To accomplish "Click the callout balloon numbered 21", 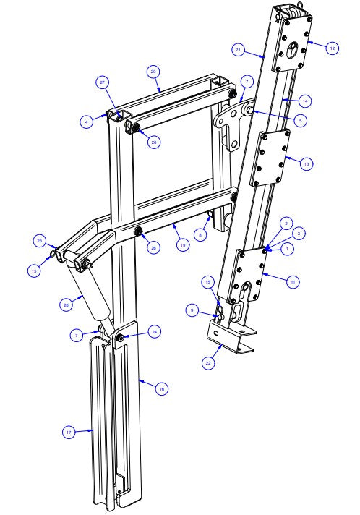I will tap(238, 50).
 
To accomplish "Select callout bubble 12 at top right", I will tap(332, 48).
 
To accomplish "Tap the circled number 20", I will tap(153, 72).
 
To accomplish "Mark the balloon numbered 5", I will tap(300, 119).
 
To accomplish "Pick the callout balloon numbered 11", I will tap(293, 281).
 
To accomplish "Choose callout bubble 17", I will tap(69, 432).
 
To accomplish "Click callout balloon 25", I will tap(40, 240).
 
